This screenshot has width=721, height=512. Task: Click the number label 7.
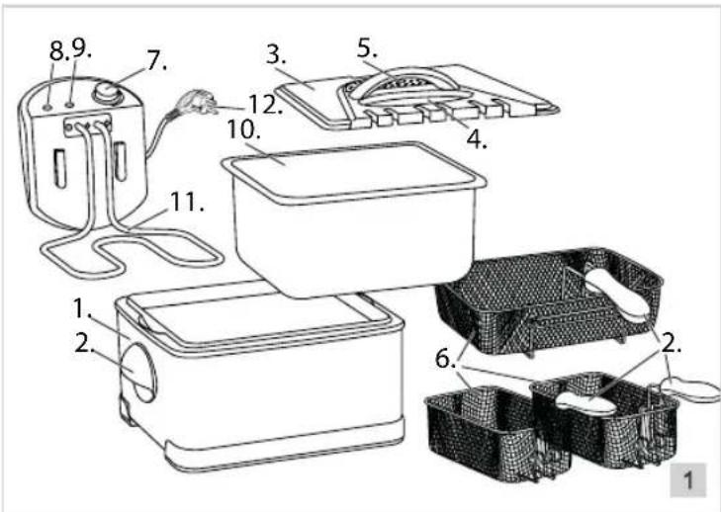pos(155,61)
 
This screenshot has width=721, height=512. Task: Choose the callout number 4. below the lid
pos(478,138)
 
